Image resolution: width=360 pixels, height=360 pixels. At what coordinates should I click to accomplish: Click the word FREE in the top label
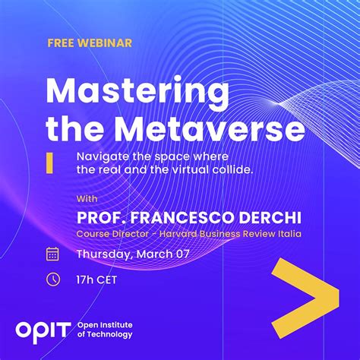[x=62, y=43]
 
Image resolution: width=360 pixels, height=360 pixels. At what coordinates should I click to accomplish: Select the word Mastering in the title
[x=137, y=93]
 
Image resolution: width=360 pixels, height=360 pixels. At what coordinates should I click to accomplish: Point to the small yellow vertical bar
[x=49, y=162]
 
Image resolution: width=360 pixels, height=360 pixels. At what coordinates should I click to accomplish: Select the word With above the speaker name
[x=87, y=199]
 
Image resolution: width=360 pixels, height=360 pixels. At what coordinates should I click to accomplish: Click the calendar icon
[x=53, y=254]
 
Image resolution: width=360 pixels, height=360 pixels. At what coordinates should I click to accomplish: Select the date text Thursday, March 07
[x=133, y=254]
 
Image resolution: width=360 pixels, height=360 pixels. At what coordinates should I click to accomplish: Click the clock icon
[x=53, y=279]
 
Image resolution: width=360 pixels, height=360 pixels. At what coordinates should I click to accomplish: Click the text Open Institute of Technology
[x=105, y=329]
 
